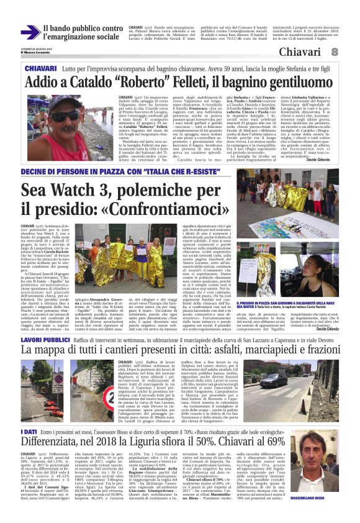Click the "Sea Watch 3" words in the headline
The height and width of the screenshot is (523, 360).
[69, 190]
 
